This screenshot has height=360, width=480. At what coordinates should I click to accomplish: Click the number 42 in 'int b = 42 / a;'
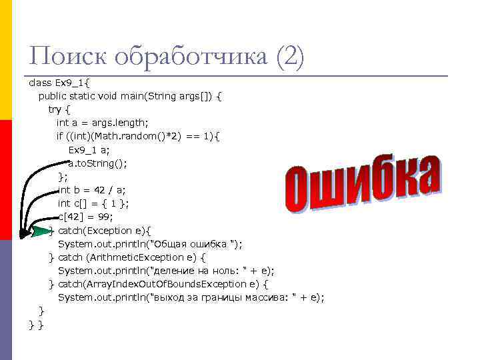click(x=101, y=190)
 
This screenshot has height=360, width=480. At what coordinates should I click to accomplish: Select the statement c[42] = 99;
click(x=86, y=217)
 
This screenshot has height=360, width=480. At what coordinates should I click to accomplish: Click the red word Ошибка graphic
click(x=363, y=186)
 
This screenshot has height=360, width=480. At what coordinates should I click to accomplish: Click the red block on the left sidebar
click(x=6, y=180)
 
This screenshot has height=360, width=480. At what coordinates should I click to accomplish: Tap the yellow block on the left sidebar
click(x=6, y=60)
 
